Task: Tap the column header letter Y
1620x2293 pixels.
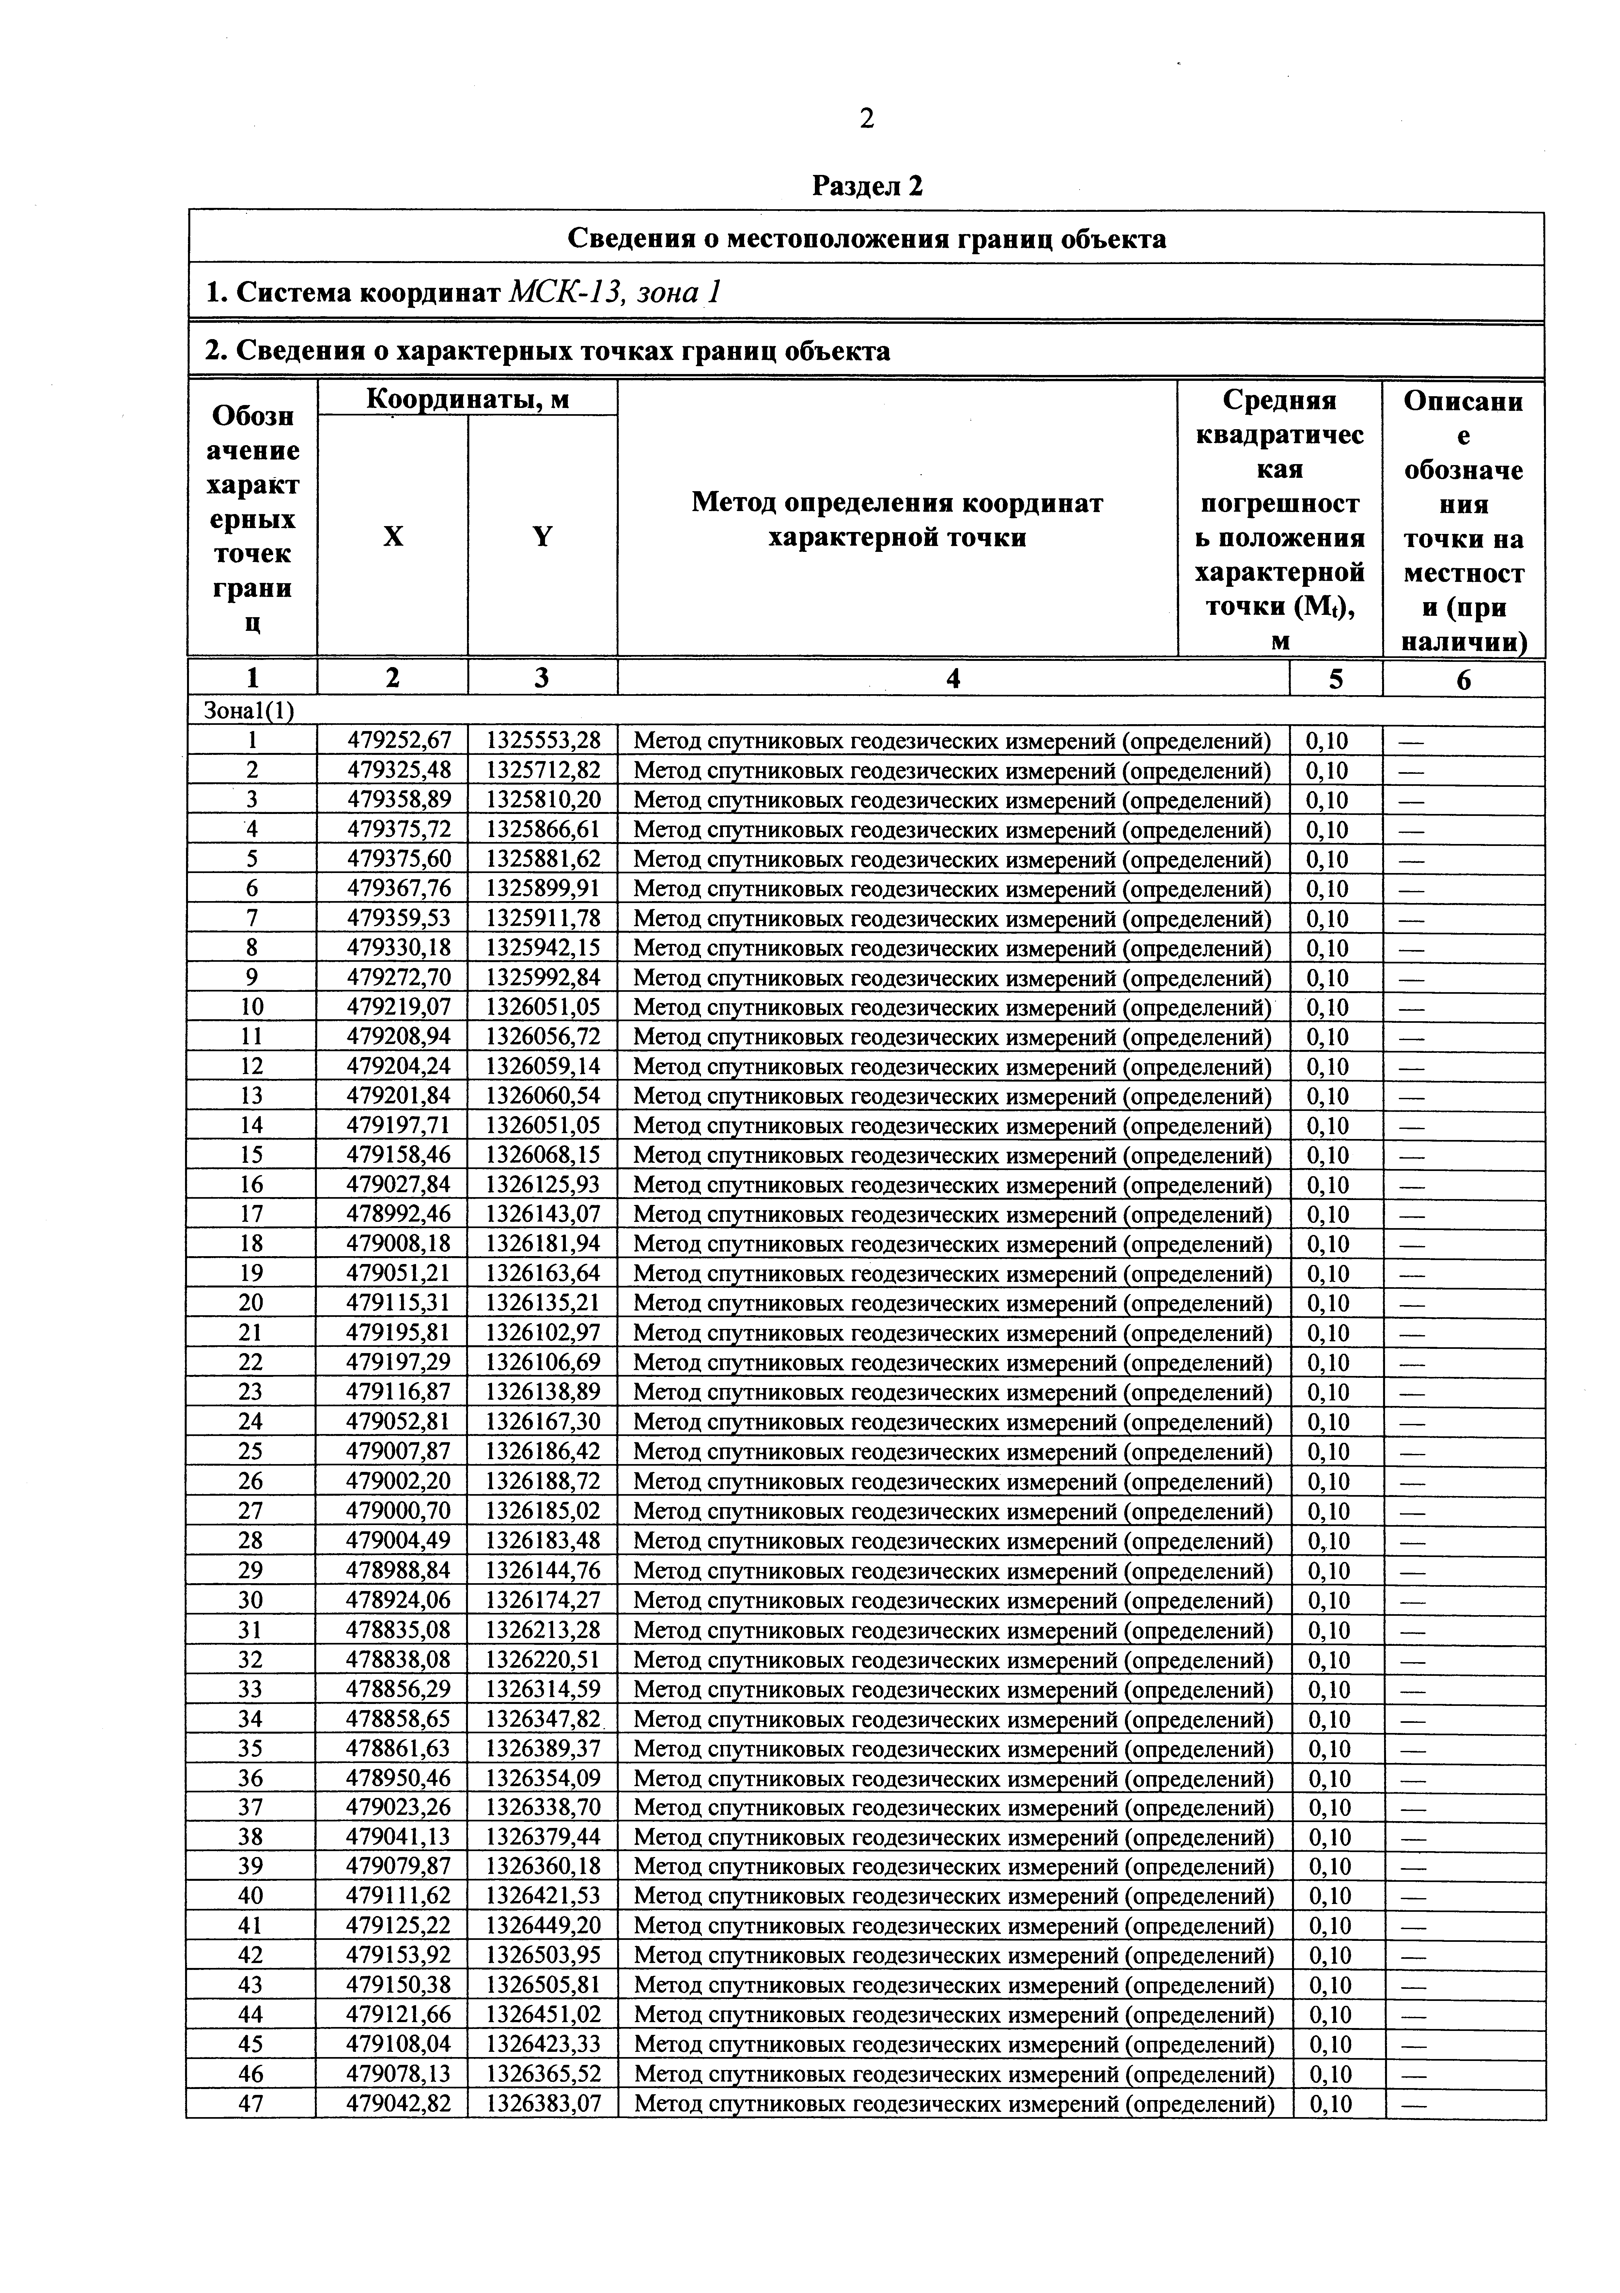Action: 542,537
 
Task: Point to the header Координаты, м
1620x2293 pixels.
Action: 467,399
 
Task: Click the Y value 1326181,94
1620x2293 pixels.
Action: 543,1244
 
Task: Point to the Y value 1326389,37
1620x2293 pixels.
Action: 543,1749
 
